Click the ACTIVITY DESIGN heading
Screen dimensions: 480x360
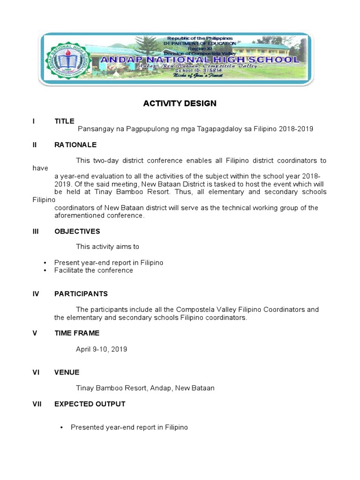point(180,104)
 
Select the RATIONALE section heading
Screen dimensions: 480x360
point(75,145)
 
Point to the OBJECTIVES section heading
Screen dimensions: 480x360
point(77,231)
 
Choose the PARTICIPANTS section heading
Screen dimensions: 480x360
point(81,294)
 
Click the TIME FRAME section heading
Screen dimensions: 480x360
point(77,333)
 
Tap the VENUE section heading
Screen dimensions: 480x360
point(67,372)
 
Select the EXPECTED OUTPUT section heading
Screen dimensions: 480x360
point(90,404)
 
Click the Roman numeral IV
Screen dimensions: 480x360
point(36,294)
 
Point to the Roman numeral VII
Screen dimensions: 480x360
point(37,404)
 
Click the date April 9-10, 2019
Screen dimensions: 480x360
point(102,349)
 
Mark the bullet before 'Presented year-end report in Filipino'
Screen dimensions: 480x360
point(61,427)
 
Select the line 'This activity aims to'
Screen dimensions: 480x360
point(108,247)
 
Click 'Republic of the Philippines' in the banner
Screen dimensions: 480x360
point(200,38)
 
